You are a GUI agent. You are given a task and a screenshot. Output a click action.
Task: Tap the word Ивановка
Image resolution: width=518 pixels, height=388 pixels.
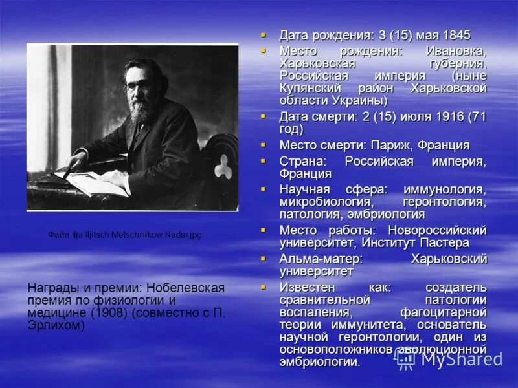point(456,50)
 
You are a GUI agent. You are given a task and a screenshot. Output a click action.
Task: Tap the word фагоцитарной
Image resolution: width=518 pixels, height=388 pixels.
point(443,312)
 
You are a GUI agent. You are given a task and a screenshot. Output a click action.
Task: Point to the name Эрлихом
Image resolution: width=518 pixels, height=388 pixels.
point(56,325)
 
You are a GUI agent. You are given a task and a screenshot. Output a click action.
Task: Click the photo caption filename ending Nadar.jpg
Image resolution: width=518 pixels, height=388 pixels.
point(124,235)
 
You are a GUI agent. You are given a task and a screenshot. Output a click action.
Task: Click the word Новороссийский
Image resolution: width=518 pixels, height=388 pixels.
point(437,230)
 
